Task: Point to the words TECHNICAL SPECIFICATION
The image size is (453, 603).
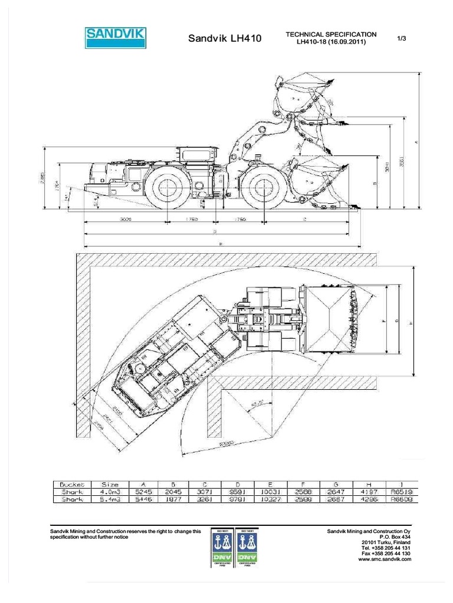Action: click(x=331, y=35)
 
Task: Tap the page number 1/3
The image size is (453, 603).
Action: click(x=402, y=38)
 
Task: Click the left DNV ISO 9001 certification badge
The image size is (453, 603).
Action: click(x=223, y=548)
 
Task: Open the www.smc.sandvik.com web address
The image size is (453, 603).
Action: click(x=385, y=559)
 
